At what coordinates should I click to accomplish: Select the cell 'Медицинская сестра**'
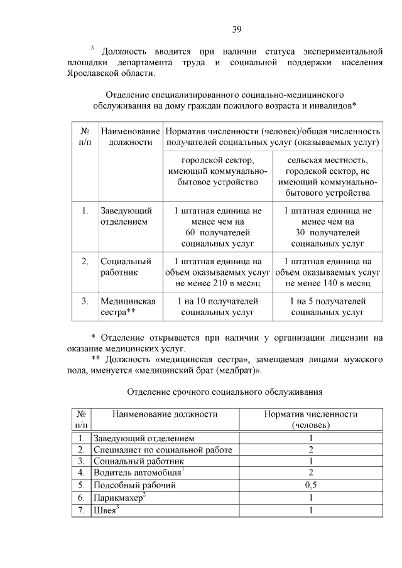(128, 306)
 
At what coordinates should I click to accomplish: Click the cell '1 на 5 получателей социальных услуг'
(328, 306)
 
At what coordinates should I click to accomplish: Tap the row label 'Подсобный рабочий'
(134, 485)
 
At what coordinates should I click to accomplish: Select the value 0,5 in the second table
(310, 485)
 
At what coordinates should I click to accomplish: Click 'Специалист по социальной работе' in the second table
(162, 449)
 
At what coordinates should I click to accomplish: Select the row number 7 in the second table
(80, 510)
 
